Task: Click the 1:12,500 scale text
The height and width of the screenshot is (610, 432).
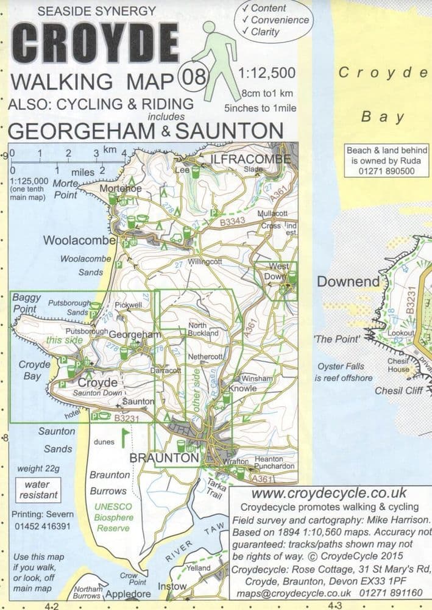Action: coord(266,73)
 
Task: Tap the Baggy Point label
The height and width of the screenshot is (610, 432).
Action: coord(27,303)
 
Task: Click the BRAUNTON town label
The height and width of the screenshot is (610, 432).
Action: coord(165,457)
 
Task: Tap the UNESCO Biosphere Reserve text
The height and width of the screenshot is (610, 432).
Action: coord(113,517)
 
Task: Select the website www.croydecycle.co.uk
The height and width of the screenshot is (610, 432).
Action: coord(329,493)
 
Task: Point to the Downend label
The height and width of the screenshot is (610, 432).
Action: coord(348,282)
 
